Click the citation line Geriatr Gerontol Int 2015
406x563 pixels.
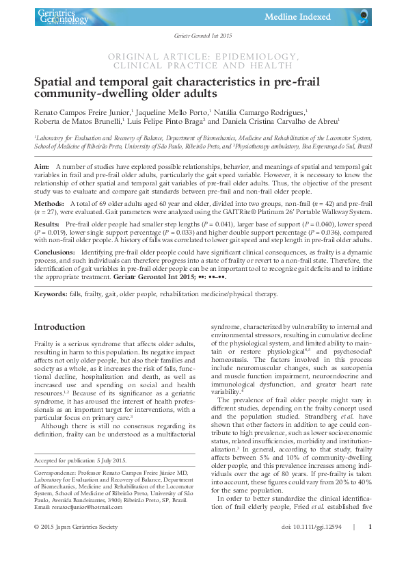coord(202,36)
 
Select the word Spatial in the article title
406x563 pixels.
coord(54,81)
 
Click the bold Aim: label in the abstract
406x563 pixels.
coord(41,167)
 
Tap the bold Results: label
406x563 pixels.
coord(47,224)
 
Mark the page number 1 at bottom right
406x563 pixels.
coord(369,545)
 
